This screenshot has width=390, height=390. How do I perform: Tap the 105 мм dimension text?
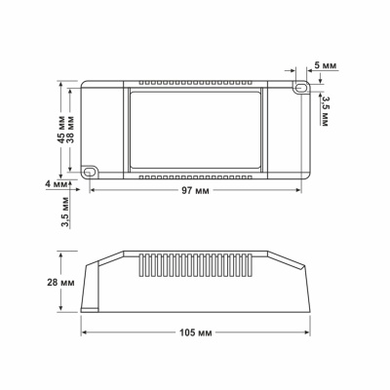coord(198,333)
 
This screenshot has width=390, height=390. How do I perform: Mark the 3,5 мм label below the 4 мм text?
coord(63,210)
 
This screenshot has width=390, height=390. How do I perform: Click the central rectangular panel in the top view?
coord(195,130)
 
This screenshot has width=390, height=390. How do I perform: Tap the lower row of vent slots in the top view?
coord(195,178)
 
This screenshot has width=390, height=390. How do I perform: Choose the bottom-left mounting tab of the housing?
coord(94,171)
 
